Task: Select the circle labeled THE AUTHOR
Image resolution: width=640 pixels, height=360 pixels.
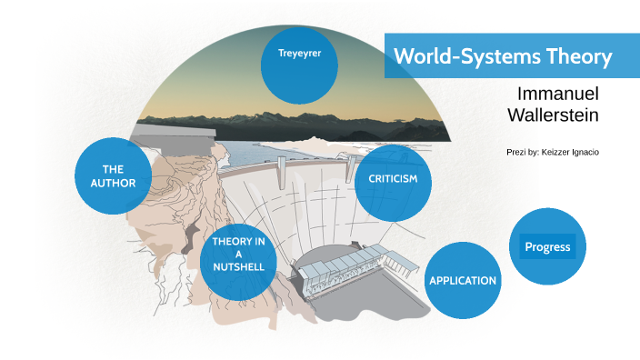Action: click(113, 176)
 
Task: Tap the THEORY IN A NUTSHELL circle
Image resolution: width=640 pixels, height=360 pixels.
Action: click(238, 260)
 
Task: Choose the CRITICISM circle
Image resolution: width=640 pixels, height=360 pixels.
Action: click(392, 182)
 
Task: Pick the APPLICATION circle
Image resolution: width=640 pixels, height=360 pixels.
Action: click(462, 280)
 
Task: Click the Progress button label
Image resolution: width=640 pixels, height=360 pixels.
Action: click(547, 246)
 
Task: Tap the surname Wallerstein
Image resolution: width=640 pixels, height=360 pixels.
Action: click(553, 115)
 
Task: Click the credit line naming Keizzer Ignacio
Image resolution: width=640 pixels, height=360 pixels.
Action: click(552, 152)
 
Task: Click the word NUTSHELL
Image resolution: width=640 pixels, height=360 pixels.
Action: click(238, 267)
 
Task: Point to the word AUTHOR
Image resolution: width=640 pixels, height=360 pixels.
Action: click(113, 183)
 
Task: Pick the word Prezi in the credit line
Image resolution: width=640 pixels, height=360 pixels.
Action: click(517, 152)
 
